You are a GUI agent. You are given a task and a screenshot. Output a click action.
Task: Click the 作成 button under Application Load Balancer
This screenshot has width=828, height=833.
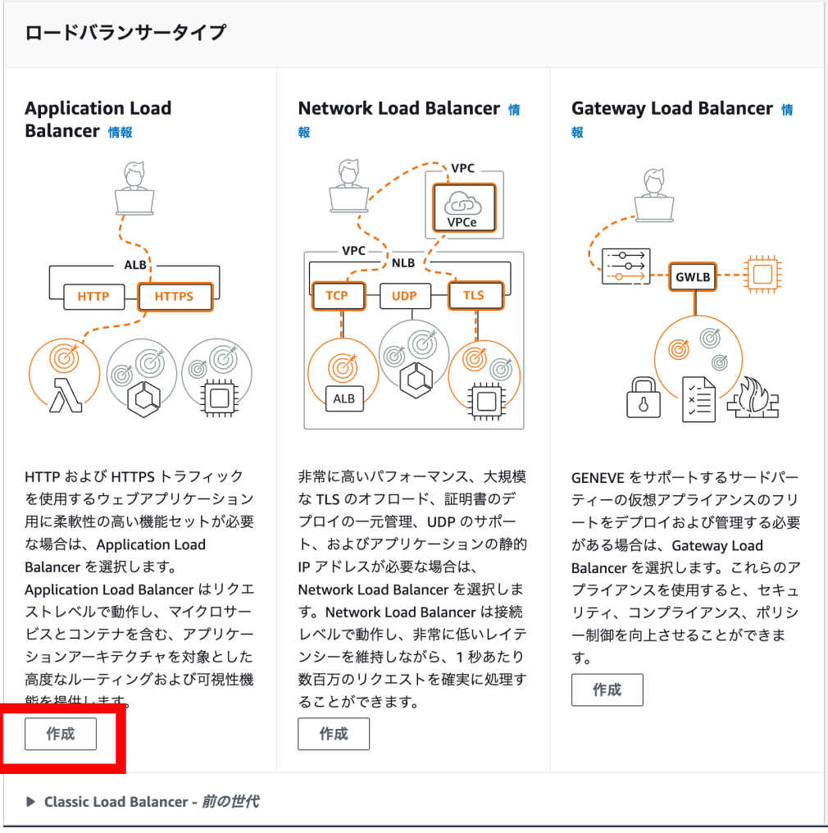61,734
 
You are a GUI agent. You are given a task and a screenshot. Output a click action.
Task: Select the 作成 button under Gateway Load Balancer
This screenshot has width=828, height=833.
607,690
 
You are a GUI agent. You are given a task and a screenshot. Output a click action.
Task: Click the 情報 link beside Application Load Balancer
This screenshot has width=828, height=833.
121,132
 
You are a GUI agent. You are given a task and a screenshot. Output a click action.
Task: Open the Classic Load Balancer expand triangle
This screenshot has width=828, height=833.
30,802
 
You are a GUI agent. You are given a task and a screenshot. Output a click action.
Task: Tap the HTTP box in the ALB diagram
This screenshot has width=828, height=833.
93,296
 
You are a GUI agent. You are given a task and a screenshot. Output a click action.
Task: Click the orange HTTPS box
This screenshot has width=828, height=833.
174,296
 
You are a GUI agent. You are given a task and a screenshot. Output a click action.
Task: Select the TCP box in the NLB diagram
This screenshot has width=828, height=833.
337,295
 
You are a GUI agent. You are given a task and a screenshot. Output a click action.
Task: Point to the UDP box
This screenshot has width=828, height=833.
405,295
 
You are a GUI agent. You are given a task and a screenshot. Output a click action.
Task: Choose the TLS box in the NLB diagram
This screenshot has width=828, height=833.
474,295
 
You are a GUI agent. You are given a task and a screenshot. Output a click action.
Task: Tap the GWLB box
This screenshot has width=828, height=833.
693,277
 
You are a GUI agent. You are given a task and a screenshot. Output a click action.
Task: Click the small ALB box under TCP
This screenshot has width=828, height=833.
343,398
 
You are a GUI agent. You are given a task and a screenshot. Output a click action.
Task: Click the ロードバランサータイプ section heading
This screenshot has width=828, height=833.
125,33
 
